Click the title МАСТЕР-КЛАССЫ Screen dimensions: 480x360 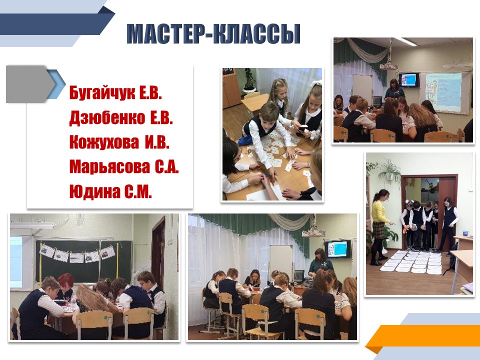click(213, 33)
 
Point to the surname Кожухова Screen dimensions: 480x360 click(104, 142)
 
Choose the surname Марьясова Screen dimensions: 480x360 click(109, 167)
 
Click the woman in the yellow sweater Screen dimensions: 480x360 click(379, 226)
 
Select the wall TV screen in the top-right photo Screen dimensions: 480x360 click(408, 79)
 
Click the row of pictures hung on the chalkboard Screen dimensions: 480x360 click(77, 254)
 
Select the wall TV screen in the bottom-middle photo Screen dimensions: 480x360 click(337, 248)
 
